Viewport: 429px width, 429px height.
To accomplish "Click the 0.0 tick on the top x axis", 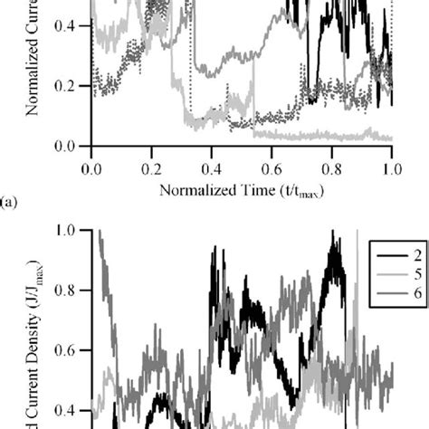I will click(x=91, y=167).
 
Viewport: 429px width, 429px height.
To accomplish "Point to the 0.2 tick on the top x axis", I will click(x=151, y=167).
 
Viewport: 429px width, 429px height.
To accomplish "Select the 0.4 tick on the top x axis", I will click(x=211, y=167).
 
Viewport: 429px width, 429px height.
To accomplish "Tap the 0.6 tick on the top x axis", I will click(x=272, y=167).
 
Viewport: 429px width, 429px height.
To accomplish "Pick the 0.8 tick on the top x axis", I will click(x=331, y=167).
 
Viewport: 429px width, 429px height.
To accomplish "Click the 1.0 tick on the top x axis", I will click(x=391, y=167).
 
